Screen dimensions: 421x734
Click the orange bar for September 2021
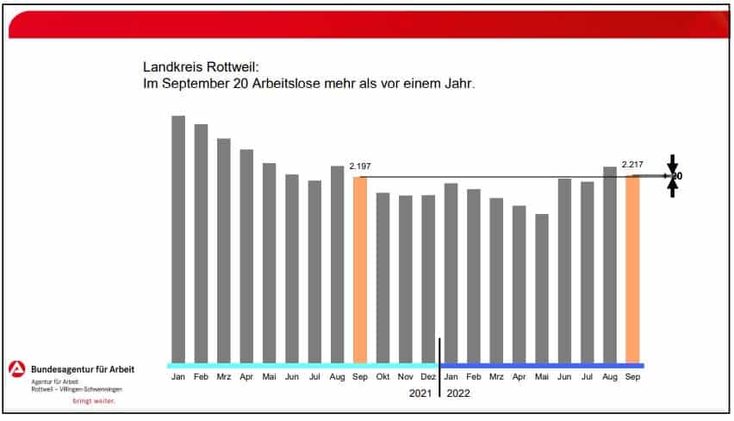click(360, 269)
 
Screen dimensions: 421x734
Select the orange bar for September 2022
click(632, 269)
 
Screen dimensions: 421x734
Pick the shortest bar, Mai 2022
click(541, 288)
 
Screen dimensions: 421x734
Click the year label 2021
click(419, 393)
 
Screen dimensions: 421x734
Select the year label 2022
click(458, 393)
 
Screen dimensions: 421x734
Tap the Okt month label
click(383, 377)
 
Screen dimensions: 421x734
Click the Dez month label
click(428, 377)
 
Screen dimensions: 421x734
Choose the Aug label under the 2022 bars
click(609, 377)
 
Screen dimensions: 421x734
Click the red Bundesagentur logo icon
click(17, 368)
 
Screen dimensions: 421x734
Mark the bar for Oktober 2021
click(383, 277)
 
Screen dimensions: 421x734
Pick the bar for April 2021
click(246, 255)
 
